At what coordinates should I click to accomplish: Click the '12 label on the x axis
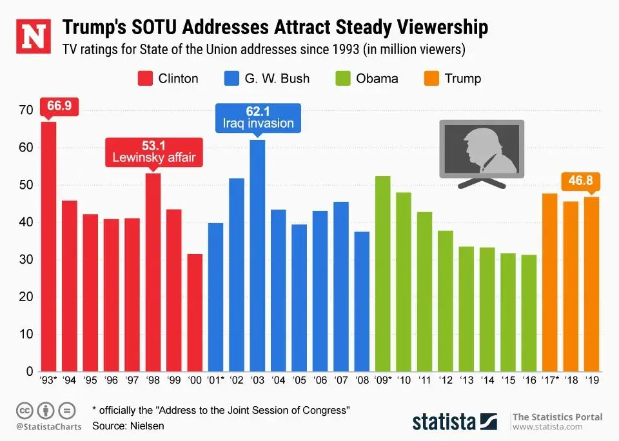(x=445, y=380)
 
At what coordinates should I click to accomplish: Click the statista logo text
(x=444, y=422)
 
